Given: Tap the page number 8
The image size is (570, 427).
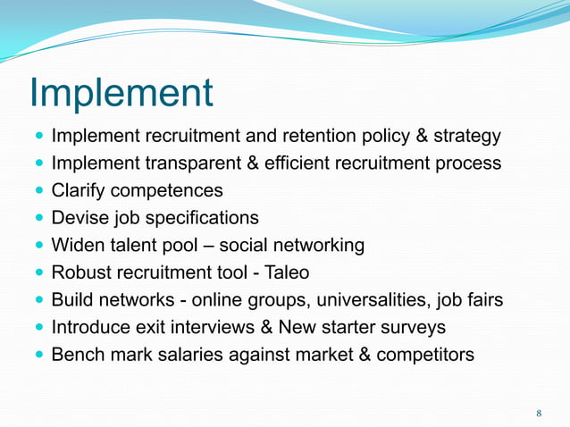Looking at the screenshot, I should (x=539, y=413).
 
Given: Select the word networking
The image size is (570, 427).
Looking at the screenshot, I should (x=320, y=246).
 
